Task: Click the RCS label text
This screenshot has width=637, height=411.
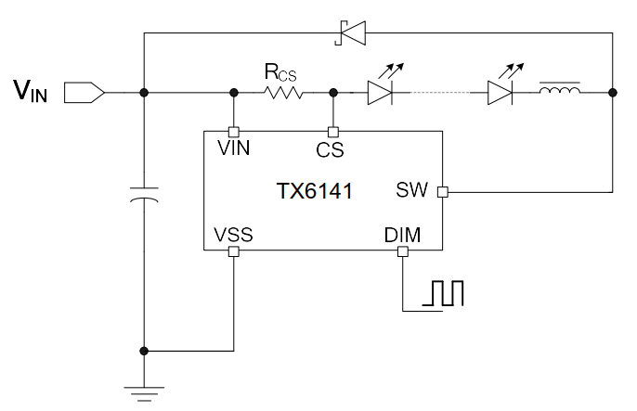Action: coord(281,71)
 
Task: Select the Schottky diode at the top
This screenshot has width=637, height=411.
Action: coord(350,35)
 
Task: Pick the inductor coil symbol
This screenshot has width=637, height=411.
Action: coord(560,92)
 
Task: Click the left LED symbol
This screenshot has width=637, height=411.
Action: coord(382,92)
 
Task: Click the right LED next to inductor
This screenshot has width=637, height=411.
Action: coord(500,92)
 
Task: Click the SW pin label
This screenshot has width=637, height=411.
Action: coord(411,190)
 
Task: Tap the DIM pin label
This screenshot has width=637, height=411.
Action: coord(402,236)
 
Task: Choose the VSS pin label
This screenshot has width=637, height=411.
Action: coord(233,236)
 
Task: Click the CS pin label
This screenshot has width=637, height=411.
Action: coord(331,148)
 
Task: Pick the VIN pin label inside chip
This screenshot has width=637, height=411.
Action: coord(234,148)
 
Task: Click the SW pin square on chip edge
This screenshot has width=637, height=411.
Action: coord(442,192)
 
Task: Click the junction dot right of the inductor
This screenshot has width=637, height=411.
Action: coord(612,93)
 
